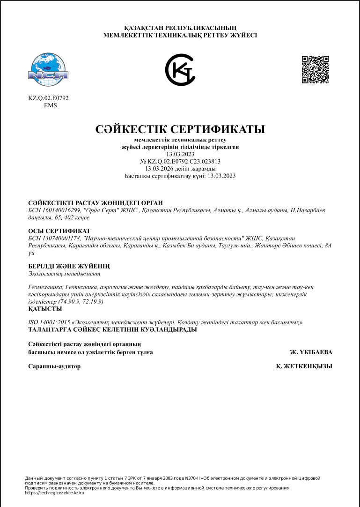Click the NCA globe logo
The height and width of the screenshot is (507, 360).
(49, 70)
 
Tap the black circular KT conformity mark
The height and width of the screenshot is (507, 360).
(180, 70)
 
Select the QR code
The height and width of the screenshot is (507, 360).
(315, 69)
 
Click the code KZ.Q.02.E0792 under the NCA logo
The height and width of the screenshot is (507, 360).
(49, 98)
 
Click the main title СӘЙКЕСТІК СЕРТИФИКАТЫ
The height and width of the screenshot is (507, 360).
(180, 129)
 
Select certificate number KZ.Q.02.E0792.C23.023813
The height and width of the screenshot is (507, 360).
(184, 161)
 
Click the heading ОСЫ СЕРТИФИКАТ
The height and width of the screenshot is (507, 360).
(59, 231)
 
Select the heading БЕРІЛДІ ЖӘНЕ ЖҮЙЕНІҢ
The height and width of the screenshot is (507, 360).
(69, 266)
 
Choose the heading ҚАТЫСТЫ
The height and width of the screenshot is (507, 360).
(45, 309)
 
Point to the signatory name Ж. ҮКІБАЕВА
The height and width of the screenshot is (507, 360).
(311, 352)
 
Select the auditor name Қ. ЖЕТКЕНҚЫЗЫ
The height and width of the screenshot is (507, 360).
(304, 366)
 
